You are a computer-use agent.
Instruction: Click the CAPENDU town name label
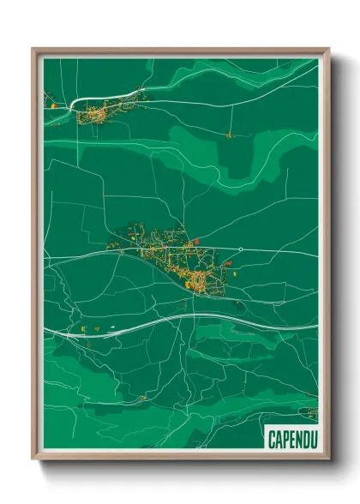(291, 440)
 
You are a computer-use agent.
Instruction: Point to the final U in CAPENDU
(310, 440)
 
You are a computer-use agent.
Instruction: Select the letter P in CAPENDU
(285, 440)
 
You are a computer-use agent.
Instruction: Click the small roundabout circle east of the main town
(242, 249)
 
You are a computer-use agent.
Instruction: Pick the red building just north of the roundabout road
(196, 242)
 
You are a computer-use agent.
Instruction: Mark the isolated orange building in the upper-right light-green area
(229, 135)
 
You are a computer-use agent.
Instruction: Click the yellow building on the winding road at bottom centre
(143, 399)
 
